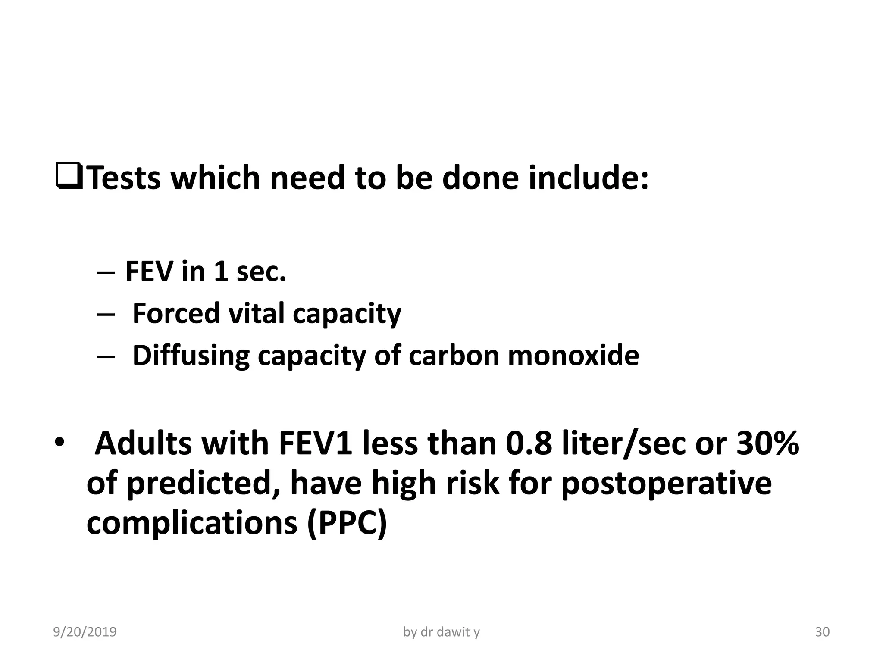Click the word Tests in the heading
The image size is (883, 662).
[x=125, y=178]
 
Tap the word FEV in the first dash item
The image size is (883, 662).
[x=149, y=272]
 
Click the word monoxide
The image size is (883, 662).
[x=573, y=356]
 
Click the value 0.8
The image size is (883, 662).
[x=529, y=444]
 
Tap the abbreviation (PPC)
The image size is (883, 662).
[x=347, y=523]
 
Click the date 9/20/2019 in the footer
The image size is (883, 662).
[x=85, y=632]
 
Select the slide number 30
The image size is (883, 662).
[x=822, y=632]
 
